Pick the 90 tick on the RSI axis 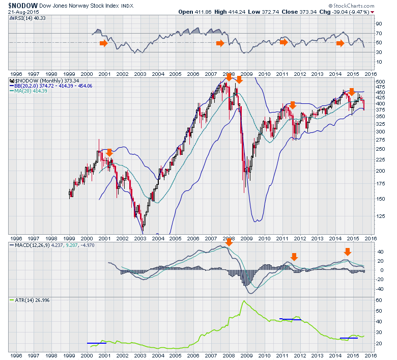(x=379, y=24)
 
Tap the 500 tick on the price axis (x=380, y=81)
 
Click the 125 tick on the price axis (x=380, y=215)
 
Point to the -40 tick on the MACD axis (x=379, y=289)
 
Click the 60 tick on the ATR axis (x=379, y=300)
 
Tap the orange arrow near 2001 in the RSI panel (x=104, y=43)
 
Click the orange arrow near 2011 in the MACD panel (x=294, y=257)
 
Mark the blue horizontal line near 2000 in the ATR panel (x=95, y=343)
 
